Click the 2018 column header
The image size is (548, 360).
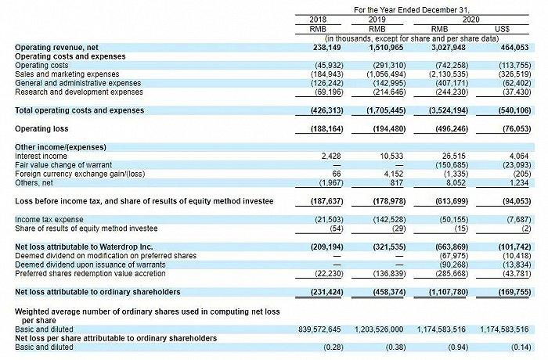(x=318, y=20)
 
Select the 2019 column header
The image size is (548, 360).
(x=377, y=20)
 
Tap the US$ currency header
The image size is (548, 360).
(x=503, y=29)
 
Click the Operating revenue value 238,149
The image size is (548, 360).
(x=326, y=48)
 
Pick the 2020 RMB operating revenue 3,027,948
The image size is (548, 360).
(x=449, y=48)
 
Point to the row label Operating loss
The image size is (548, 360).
(x=41, y=128)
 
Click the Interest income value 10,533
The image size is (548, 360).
(x=391, y=156)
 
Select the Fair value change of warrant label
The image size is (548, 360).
(x=63, y=164)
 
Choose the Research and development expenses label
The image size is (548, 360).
(x=79, y=92)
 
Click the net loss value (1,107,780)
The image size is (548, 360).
(x=449, y=292)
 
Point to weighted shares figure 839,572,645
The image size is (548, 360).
(x=319, y=329)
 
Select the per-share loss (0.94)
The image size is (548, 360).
(x=458, y=347)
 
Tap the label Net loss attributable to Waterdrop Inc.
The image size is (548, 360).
(x=84, y=247)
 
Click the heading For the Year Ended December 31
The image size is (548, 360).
(x=412, y=10)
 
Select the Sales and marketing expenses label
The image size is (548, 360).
(x=67, y=74)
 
